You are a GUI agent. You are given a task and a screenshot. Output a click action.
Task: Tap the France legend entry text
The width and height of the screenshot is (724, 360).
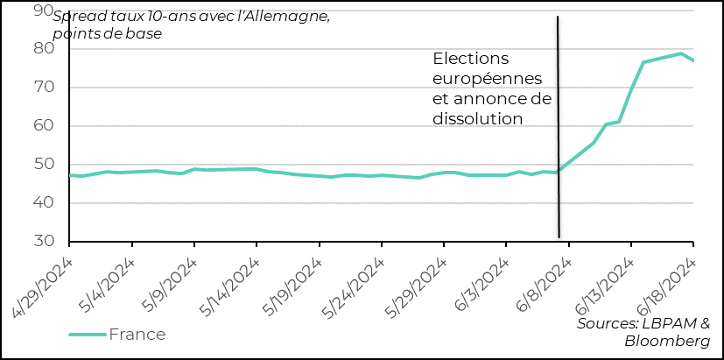click(x=137, y=334)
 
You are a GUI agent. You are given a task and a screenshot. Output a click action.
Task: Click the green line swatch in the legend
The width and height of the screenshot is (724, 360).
click(x=88, y=334)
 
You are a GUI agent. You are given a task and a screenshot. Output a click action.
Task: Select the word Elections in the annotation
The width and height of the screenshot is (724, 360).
click(x=471, y=59)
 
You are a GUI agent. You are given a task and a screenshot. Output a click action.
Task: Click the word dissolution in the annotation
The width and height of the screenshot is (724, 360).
click(x=478, y=117)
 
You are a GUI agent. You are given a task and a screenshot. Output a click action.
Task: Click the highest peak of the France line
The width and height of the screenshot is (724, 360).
click(x=680, y=53)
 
